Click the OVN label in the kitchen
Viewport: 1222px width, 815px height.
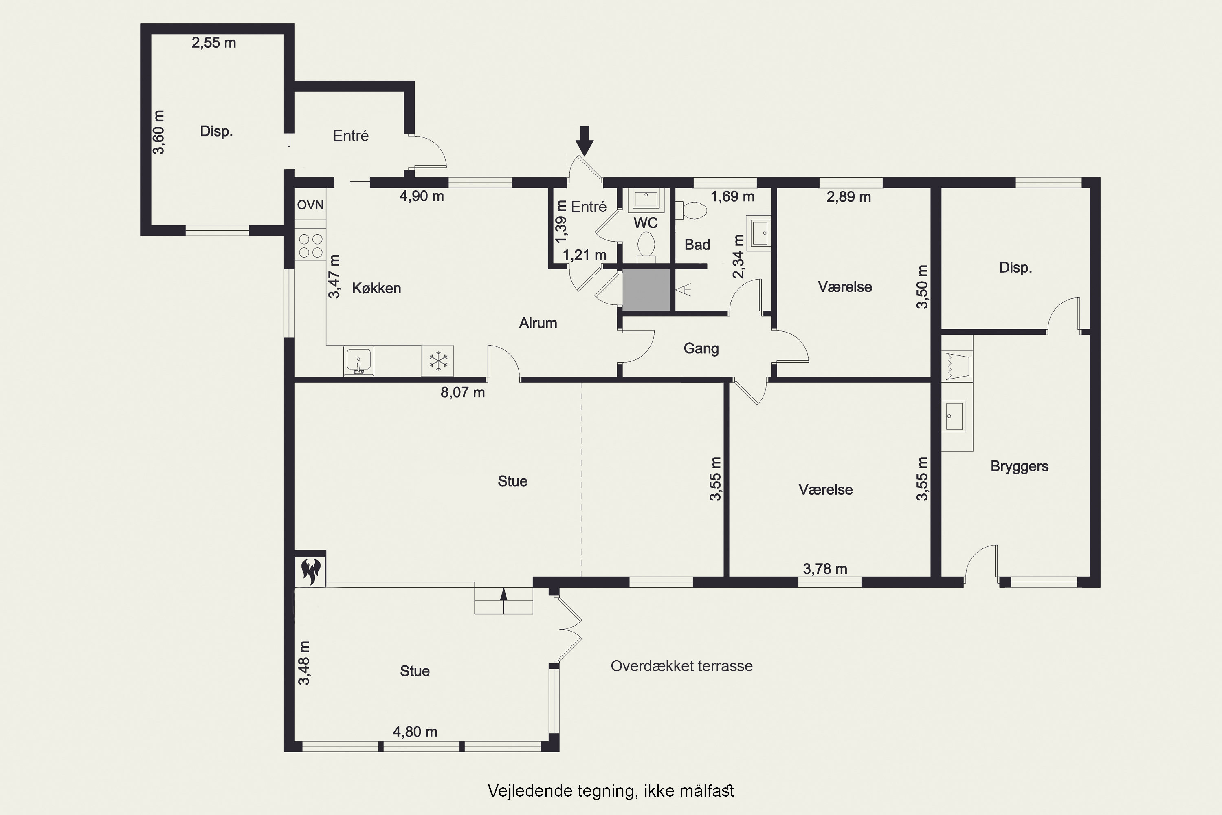point(310,205)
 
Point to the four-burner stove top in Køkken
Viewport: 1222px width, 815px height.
point(310,246)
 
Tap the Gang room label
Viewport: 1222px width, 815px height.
point(701,348)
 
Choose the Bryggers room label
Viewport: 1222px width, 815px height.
point(1020,466)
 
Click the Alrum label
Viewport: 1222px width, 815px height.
point(538,323)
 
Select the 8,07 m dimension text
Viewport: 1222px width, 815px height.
point(462,392)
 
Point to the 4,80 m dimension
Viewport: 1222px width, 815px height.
point(415,731)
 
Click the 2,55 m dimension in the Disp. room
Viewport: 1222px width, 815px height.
point(213,43)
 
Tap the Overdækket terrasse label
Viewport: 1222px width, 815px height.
point(681,666)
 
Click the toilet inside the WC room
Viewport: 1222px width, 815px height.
point(646,245)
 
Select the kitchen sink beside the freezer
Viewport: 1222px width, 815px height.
point(358,361)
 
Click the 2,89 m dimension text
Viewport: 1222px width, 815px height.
point(848,197)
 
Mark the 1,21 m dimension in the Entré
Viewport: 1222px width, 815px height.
point(585,255)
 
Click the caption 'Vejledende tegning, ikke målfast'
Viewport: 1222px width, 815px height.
point(611,791)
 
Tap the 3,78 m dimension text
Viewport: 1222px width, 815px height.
point(825,569)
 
